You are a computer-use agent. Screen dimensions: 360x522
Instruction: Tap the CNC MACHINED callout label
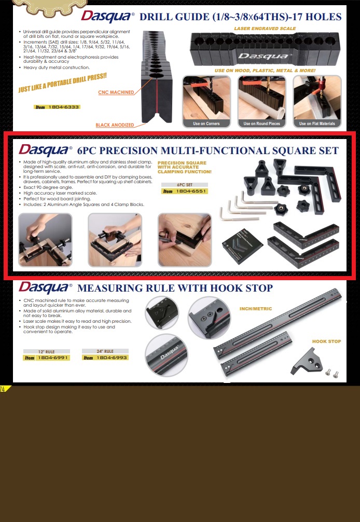pyautogui.click(x=116, y=92)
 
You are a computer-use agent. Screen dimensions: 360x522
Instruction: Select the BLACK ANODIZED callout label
pyautogui.click(x=115, y=125)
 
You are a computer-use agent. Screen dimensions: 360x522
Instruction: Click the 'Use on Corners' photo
pyautogui.click(x=206, y=102)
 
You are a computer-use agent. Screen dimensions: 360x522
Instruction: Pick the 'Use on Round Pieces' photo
pyautogui.click(x=261, y=102)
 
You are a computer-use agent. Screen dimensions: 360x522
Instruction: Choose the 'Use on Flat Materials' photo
pyautogui.click(x=317, y=102)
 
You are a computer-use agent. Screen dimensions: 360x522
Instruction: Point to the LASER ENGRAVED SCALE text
pyautogui.click(x=265, y=29)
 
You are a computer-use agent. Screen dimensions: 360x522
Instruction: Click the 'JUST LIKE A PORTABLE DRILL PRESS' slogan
pyautogui.click(x=63, y=83)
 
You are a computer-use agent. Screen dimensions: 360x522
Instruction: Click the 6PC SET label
pyautogui.click(x=185, y=184)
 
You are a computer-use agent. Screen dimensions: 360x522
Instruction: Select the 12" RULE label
pyautogui.click(x=46, y=352)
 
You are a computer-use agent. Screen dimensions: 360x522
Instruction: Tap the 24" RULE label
pyautogui.click(x=105, y=351)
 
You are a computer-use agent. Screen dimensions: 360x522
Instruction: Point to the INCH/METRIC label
pyautogui.click(x=256, y=309)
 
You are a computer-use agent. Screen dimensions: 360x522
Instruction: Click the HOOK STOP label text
pyautogui.click(x=326, y=341)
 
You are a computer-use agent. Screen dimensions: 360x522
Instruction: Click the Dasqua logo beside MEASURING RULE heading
pyautogui.click(x=45, y=288)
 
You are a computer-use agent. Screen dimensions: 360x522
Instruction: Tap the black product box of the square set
pyautogui.click(x=243, y=245)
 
